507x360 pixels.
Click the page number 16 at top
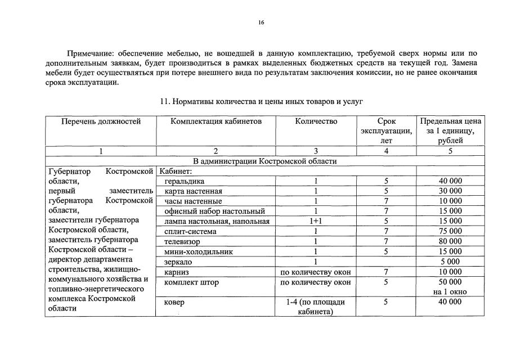coord(261,22)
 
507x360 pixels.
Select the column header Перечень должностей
coord(100,121)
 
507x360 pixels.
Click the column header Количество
coord(316,121)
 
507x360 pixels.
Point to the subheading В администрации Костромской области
coord(264,161)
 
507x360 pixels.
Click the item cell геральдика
coord(185,182)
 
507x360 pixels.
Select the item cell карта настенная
coord(193,191)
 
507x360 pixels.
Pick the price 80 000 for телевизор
coord(450,241)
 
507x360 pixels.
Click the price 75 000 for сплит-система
coord(450,231)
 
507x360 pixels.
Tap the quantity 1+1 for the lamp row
coord(316,222)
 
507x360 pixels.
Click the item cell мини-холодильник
coord(198,251)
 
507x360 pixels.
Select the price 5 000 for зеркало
coord(450,262)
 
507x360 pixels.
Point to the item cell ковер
coord(174,302)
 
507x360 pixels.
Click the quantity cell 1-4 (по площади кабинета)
coord(316,307)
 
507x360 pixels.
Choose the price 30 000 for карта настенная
coord(450,191)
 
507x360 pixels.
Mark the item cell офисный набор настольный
coord(214,211)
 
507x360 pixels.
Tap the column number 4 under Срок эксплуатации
coord(386,151)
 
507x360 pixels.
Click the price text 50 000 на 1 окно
coord(450,287)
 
